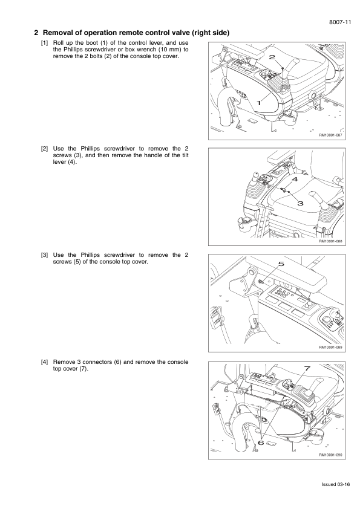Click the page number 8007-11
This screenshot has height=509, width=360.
click(340, 22)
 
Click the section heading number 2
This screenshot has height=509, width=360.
click(36, 33)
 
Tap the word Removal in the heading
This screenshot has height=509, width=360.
click(56, 33)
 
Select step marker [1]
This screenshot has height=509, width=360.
click(45, 43)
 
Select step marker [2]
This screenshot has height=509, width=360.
click(45, 149)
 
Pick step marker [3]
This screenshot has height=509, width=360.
click(45, 255)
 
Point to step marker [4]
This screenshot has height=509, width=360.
click(45, 362)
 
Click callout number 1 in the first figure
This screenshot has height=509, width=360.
click(259, 103)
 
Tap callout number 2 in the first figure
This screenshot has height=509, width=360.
click(272, 57)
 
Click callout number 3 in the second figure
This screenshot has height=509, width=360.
click(300, 203)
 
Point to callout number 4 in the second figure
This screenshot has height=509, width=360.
click(295, 179)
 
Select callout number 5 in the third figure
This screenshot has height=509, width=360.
click(281, 264)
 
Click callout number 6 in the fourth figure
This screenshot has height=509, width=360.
click(261, 442)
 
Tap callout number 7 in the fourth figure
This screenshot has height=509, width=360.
click(307, 368)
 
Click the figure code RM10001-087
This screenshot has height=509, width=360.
click(330, 135)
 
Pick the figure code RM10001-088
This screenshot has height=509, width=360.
click(330, 241)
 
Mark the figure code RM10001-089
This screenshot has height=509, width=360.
click(330, 348)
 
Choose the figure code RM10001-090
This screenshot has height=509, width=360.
click(330, 455)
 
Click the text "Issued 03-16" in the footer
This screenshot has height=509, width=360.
click(336, 484)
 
